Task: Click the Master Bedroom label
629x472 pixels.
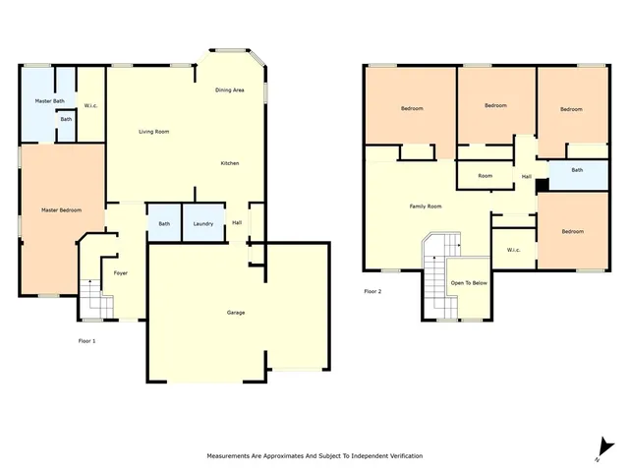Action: point(61,210)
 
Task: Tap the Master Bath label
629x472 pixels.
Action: point(49,101)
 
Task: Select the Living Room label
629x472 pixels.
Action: point(153,132)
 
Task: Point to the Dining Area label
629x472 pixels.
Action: point(230,90)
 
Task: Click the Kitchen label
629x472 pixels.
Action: point(229,162)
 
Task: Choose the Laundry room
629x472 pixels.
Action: point(203,223)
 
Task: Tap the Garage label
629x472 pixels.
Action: point(236,313)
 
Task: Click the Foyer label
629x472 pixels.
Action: point(121,272)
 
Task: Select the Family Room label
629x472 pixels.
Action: point(426,206)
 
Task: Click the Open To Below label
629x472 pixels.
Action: point(469,283)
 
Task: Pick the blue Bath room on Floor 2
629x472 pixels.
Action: point(577,170)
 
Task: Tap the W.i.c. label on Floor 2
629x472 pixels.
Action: point(513,250)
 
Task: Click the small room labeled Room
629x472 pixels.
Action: point(485,176)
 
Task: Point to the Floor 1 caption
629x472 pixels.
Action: point(86,340)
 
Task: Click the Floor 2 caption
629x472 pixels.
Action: point(372,291)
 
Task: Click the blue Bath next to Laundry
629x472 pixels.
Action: point(163,223)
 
